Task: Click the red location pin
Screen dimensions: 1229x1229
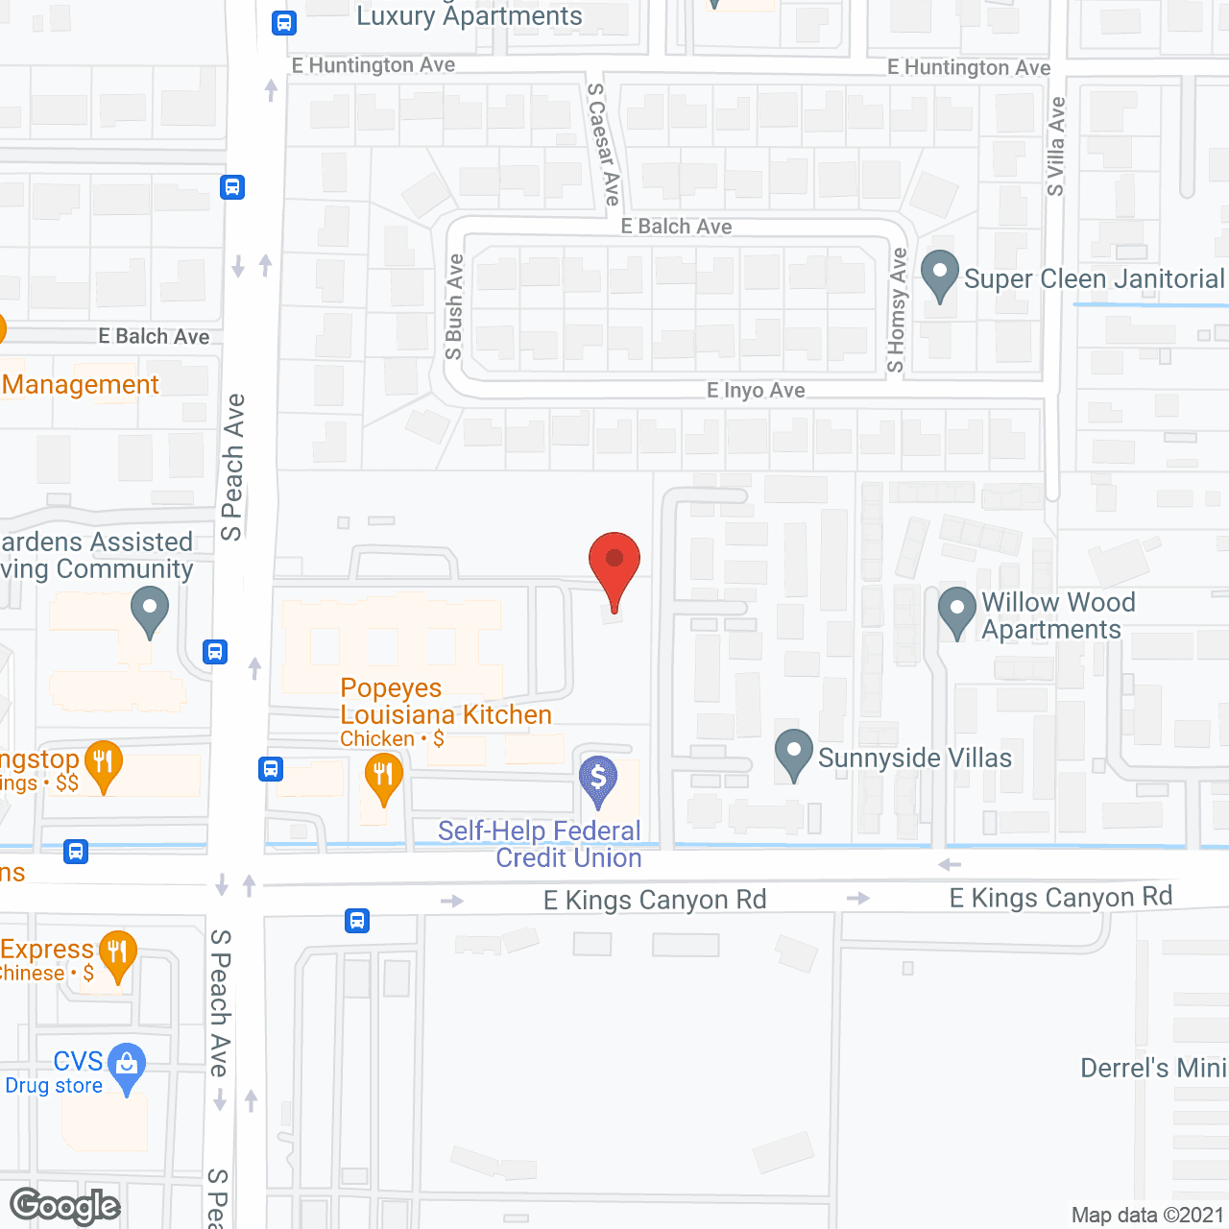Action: coord(614,563)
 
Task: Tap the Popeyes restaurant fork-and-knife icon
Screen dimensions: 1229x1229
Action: coord(383,774)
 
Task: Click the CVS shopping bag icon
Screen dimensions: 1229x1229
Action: coord(127,1064)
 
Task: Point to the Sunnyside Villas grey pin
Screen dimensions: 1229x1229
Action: coord(793,752)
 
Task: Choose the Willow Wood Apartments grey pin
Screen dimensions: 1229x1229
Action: coord(956,609)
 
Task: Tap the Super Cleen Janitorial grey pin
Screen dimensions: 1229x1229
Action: coord(940,273)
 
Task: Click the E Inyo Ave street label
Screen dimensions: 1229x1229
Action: coord(756,391)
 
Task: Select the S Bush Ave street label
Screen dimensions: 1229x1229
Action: coord(455,306)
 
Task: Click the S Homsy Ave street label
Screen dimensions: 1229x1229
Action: coord(897,310)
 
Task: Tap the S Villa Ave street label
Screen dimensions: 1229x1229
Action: coord(1056,146)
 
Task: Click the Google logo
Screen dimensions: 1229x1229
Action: coord(65,1206)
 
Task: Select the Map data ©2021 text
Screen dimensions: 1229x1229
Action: coord(1147,1216)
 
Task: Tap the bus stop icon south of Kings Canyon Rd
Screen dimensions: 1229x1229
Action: coord(357,921)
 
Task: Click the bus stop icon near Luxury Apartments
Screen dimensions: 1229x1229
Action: coord(283,22)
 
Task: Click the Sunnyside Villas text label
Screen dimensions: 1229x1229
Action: coord(914,759)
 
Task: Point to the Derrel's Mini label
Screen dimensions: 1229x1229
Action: coord(1153,1069)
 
